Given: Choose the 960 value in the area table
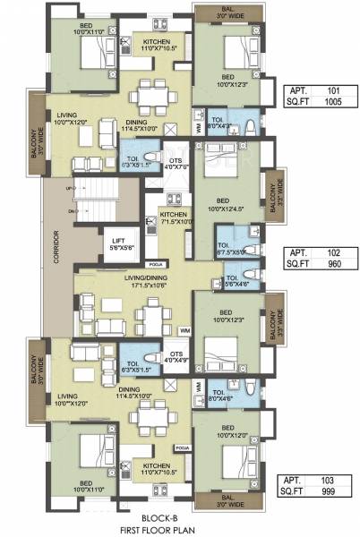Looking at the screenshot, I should [332, 266].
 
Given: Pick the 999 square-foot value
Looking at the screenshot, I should [332, 494].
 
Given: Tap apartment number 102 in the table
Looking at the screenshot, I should [332, 252].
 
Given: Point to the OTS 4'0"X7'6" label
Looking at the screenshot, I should [176, 162].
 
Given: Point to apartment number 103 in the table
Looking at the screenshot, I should [332, 481].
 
